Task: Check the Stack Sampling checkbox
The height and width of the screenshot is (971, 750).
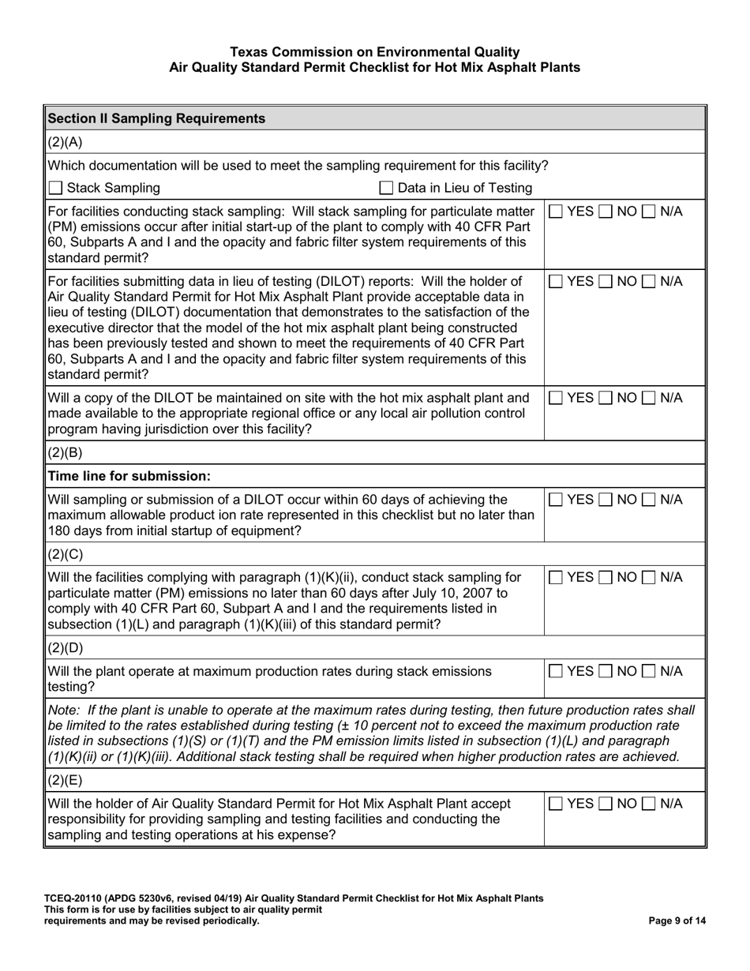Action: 55,188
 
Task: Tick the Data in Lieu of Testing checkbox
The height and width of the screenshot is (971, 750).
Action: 387,188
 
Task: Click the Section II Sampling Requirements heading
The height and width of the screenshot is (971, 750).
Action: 156,118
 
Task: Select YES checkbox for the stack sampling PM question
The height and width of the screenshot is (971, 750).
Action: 556,212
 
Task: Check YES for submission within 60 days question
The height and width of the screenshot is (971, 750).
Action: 556,499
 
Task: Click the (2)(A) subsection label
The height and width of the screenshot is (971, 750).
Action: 66,142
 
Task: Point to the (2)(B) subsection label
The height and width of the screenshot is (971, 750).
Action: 66,453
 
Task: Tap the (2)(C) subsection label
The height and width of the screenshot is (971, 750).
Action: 66,553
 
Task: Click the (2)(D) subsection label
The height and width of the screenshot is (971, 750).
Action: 66,648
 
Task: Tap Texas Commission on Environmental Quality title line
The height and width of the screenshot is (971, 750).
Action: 375,52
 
